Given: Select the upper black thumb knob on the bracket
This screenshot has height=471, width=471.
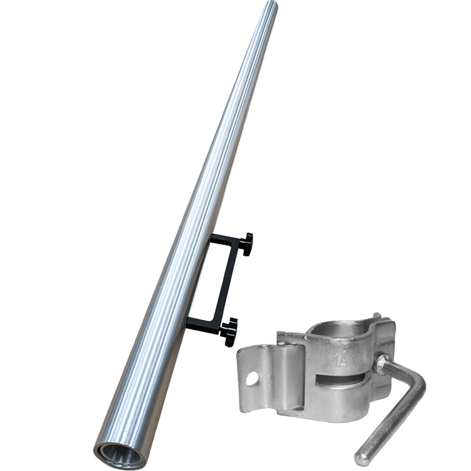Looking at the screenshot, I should (246, 244).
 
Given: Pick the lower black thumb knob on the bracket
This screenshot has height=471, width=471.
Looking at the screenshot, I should (229, 331).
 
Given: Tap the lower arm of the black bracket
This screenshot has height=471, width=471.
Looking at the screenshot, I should (203, 325).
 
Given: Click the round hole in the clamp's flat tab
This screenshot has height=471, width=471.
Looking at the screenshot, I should (252, 378).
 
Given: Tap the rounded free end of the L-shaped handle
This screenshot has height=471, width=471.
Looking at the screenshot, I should (362, 458).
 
